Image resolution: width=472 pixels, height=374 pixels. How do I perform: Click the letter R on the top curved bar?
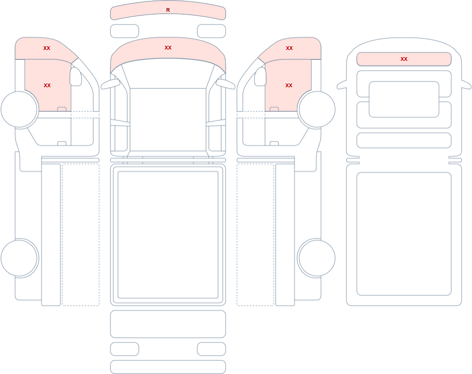pyautogui.click(x=168, y=10)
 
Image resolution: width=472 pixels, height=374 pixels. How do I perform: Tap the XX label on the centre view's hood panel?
pyautogui.click(x=168, y=48)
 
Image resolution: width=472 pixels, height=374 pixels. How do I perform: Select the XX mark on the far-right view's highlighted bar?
pyautogui.click(x=404, y=59)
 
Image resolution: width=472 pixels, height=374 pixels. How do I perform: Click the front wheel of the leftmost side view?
pyautogui.click(x=19, y=109)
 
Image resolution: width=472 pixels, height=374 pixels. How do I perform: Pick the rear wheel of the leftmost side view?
pyautogui.click(x=19, y=258)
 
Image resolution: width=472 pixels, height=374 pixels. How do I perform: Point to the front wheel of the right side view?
pyautogui.click(x=316, y=109)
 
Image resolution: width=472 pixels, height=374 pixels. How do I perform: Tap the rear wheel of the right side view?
pyautogui.click(x=316, y=258)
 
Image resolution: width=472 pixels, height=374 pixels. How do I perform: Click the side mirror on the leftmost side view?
pyautogui.click(x=76, y=76)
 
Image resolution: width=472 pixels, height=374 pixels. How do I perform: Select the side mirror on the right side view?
pyautogui.click(x=261, y=76)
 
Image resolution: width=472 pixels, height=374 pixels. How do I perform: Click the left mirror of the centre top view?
pyautogui.click(x=110, y=84)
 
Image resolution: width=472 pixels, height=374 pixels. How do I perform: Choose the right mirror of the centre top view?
pyautogui.click(x=226, y=84)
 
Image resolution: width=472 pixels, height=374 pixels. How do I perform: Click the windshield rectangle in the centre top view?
pyautogui.click(x=168, y=119)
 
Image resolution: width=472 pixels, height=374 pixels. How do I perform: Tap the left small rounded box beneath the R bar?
pyautogui.click(x=125, y=31)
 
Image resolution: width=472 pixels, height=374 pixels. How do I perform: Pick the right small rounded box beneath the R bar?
pyautogui.click(x=211, y=31)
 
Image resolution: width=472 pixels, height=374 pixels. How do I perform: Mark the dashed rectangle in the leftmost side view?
pyautogui.click(x=81, y=235)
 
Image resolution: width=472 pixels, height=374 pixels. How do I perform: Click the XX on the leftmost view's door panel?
pyautogui.click(x=47, y=85)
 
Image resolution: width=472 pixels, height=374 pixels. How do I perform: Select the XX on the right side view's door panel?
pyautogui.click(x=289, y=85)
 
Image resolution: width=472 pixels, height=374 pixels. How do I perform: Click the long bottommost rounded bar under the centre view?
pyautogui.click(x=168, y=367)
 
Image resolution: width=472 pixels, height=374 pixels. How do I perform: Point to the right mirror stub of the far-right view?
pyautogui.click(x=466, y=85)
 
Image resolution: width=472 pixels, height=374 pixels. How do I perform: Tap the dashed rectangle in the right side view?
pyautogui.click(x=255, y=235)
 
